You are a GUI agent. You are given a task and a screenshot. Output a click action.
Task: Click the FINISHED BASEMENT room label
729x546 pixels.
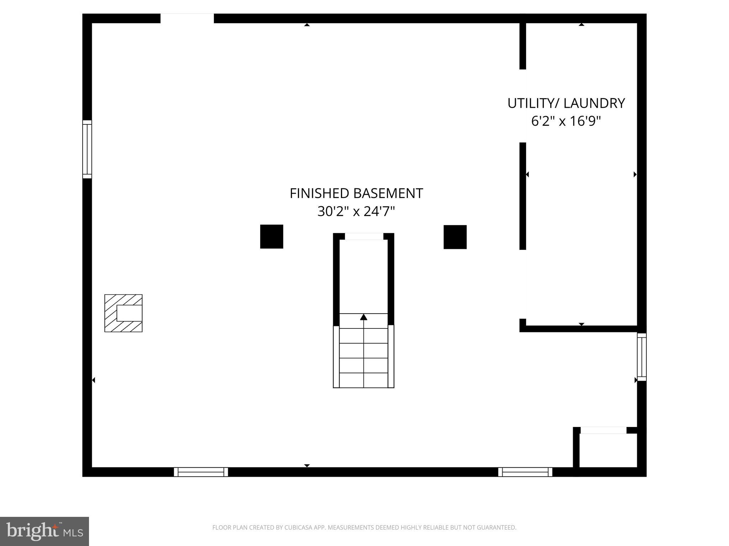tap(356, 193)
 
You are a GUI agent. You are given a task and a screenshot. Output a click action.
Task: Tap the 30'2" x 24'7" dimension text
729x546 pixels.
tap(356, 212)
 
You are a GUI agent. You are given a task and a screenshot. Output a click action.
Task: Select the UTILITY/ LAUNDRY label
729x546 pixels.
tap(566, 103)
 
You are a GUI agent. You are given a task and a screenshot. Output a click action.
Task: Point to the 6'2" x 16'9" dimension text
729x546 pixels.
tap(566, 121)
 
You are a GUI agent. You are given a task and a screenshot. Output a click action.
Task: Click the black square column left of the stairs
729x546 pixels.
tap(272, 236)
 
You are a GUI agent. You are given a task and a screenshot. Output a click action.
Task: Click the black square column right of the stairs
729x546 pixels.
tap(455, 237)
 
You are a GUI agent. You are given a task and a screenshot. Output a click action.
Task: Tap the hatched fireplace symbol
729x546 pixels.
tap(124, 313)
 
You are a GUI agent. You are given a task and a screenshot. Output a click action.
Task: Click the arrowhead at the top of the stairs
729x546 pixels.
tap(363, 317)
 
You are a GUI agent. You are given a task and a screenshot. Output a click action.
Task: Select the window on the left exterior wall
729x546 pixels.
tap(87, 149)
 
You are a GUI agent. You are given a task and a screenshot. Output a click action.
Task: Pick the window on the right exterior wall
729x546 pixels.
tap(641, 357)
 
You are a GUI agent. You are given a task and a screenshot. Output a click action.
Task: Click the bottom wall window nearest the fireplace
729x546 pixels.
tap(201, 472)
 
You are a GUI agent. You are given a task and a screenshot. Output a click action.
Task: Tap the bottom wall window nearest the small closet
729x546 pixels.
tap(525, 472)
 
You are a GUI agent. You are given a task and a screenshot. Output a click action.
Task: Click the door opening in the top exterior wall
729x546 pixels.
tap(187, 18)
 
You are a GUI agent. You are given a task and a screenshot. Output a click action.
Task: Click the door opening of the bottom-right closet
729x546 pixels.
tap(603, 430)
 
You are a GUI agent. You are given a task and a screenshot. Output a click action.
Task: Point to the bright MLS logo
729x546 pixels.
tap(44, 531)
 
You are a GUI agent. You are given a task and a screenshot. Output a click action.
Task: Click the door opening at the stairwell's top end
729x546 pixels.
tap(364, 236)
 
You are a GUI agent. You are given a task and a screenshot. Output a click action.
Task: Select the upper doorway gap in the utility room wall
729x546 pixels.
tap(523, 106)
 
